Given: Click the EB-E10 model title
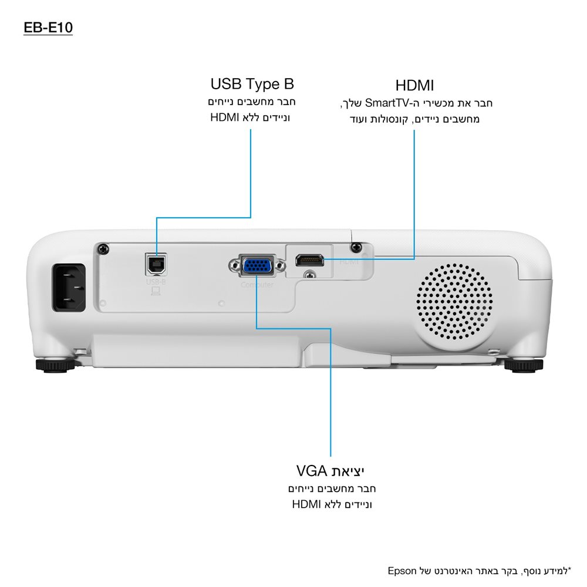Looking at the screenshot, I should point(48,28).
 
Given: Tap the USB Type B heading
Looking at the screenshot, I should point(252,83).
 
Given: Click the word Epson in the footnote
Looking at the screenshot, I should point(402,571).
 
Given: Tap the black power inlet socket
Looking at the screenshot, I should point(69,286).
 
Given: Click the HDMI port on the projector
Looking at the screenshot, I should point(309,259).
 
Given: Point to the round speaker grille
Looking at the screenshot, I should point(456,302).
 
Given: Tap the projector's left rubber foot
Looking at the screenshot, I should point(56,365).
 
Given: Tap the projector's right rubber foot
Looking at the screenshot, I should point(524,365).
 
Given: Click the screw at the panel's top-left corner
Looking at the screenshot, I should point(104,248).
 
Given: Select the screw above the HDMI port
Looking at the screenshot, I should point(354,247).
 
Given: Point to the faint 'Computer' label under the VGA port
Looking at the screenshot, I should point(257,285).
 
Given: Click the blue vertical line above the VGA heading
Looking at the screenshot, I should point(330,399).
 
